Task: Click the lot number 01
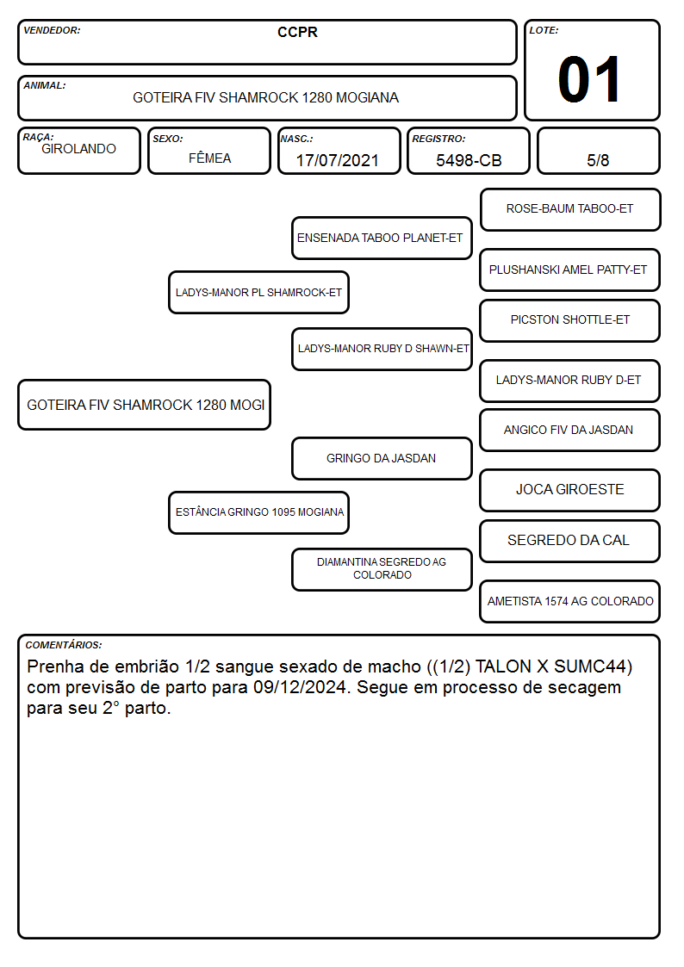click(x=588, y=79)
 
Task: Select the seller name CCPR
click(x=297, y=32)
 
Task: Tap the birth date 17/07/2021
click(x=338, y=160)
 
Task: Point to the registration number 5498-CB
click(x=469, y=160)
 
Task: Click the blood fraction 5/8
click(x=598, y=160)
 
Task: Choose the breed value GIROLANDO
click(x=78, y=149)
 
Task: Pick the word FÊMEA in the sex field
click(x=209, y=158)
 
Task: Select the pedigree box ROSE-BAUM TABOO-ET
click(x=570, y=210)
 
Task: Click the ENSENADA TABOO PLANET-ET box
click(x=382, y=238)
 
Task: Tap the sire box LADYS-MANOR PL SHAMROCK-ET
click(x=258, y=292)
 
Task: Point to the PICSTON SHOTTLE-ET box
click(x=570, y=320)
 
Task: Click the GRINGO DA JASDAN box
click(x=382, y=459)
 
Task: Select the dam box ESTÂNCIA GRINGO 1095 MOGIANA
click(x=258, y=512)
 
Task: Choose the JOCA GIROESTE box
click(x=570, y=490)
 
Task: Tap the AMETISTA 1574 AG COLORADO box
click(x=570, y=601)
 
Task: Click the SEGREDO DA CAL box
click(x=570, y=541)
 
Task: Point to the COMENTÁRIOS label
click(x=64, y=645)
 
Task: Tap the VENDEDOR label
click(x=52, y=30)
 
